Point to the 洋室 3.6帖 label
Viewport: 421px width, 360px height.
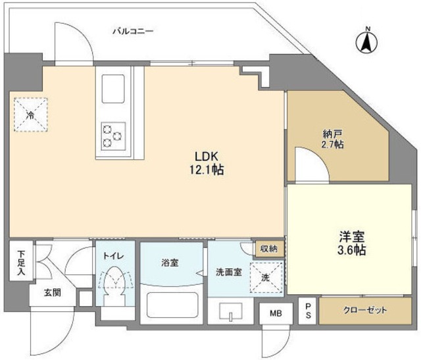[351, 244]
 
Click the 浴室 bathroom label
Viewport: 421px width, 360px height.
[170, 263]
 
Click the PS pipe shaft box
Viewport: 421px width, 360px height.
[307, 311]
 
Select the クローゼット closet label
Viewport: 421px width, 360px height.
[365, 311]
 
